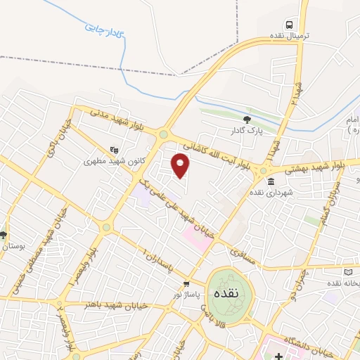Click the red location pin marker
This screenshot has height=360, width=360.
181,165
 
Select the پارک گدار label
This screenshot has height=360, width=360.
246,130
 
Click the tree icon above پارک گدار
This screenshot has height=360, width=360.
246,120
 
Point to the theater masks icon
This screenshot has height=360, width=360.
115,149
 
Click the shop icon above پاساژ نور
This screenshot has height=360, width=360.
186,285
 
